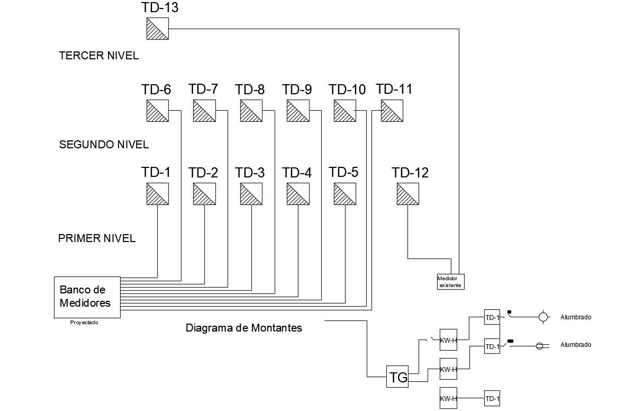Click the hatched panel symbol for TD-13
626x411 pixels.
(157, 29)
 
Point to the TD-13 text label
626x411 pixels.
(160, 7)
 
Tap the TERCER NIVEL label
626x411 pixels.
(99, 56)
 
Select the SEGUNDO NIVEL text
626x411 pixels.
(104, 145)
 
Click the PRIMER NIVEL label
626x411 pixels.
(97, 238)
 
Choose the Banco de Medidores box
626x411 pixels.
(87, 297)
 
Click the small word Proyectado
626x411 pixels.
(84, 322)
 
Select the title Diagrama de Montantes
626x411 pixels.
(244, 328)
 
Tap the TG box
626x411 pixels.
(398, 377)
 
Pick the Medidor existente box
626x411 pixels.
(450, 282)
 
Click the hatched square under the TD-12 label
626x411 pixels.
(408, 194)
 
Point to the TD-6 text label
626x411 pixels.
(156, 90)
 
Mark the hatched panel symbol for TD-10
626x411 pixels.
(345, 111)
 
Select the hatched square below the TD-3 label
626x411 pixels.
(251, 194)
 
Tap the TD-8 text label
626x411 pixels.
(250, 90)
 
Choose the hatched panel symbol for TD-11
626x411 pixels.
(392, 111)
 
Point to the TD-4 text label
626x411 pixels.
(297, 173)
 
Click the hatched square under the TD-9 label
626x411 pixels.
(298, 111)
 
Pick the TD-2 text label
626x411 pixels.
(203, 173)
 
